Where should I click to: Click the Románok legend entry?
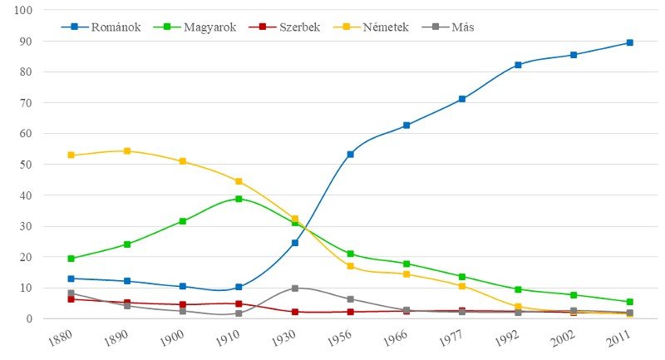[101, 27]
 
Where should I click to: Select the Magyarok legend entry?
[201, 27]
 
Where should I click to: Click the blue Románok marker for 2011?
[630, 42]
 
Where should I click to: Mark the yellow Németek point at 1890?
[127, 151]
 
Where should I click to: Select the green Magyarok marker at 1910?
[239, 199]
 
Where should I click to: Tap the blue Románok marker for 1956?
[351, 154]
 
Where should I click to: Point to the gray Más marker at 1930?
[294, 288]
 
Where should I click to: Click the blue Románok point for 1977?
[462, 99]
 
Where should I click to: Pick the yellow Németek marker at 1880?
[71, 155]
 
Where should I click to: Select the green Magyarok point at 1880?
[71, 259]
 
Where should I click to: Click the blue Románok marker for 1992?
[518, 65]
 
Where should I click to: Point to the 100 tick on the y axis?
[23, 11]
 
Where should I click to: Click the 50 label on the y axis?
[26, 165]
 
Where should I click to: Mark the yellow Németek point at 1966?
[406, 274]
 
